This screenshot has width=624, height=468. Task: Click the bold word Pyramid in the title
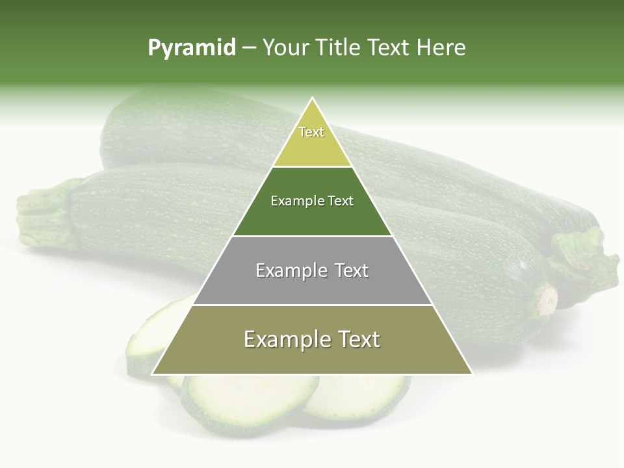(191, 48)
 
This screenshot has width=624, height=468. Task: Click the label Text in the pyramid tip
(311, 132)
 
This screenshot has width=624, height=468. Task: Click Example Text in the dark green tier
(312, 201)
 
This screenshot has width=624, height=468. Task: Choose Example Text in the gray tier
(312, 270)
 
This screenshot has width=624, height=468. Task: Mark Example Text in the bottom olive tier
(312, 339)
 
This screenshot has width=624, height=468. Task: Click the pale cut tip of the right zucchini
(547, 300)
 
